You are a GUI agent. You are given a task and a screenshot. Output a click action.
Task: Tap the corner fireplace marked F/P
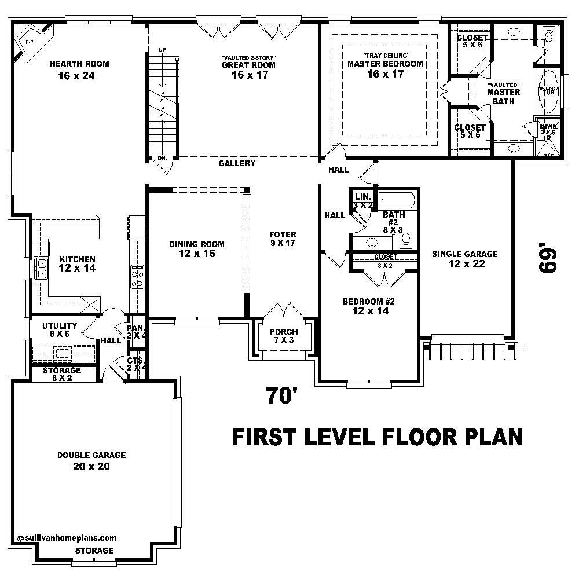(x=27, y=42)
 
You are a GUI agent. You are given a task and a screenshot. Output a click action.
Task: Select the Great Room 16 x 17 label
(x=250, y=69)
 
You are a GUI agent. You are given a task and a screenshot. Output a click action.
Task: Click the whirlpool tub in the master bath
(x=549, y=91)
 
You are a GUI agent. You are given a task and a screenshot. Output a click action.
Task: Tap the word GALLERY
(x=237, y=164)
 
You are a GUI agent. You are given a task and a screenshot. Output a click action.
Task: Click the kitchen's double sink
(x=42, y=268)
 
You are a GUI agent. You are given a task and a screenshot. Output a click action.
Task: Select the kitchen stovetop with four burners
(x=137, y=276)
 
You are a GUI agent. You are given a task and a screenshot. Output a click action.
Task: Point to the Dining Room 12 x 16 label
(x=196, y=249)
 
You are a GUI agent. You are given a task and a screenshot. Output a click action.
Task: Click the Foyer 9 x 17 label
(x=283, y=239)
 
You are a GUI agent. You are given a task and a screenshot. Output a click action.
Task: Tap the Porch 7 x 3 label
(x=284, y=336)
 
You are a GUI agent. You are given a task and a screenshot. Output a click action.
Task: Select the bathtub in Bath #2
(x=397, y=201)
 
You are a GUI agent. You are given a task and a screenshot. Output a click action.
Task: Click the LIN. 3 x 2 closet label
(x=362, y=201)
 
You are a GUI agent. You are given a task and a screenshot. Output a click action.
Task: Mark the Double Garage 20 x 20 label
(x=91, y=461)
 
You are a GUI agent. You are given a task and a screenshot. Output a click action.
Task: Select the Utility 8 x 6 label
(x=59, y=330)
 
